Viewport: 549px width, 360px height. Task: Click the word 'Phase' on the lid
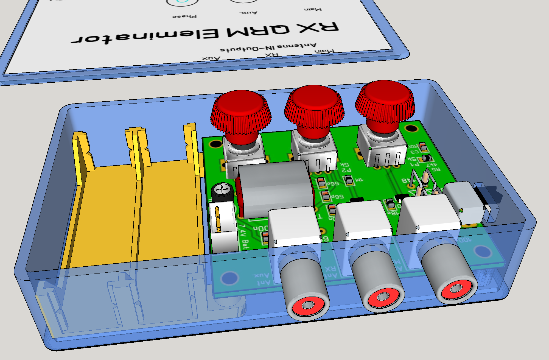184,16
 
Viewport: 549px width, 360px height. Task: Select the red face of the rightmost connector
456,289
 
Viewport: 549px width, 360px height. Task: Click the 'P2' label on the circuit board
346,170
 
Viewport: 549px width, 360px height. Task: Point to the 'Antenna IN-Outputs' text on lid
268,47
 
